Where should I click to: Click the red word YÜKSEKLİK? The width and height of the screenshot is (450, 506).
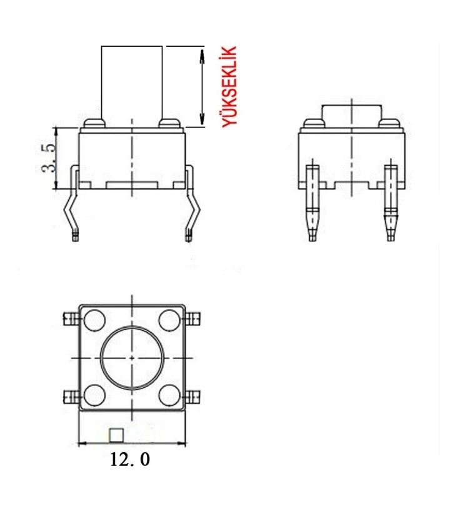click(231, 86)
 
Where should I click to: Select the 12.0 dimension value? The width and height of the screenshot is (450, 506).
click(130, 460)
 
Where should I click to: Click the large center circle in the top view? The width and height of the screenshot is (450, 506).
click(132, 357)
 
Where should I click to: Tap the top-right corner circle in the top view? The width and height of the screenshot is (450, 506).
click(169, 320)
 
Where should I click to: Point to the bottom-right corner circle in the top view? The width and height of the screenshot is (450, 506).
click(169, 395)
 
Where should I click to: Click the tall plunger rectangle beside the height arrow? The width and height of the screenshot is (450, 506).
click(132, 81)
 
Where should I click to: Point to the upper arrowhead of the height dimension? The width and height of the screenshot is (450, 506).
click(202, 54)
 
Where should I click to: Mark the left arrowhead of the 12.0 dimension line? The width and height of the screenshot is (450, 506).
click(81, 444)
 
